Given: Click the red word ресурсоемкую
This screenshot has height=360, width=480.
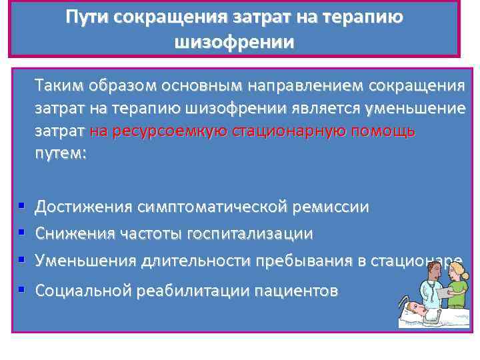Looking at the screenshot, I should click(157, 131).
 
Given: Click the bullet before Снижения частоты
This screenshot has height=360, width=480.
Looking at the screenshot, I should click(22, 233).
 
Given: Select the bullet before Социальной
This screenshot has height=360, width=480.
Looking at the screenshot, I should click(22, 289).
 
